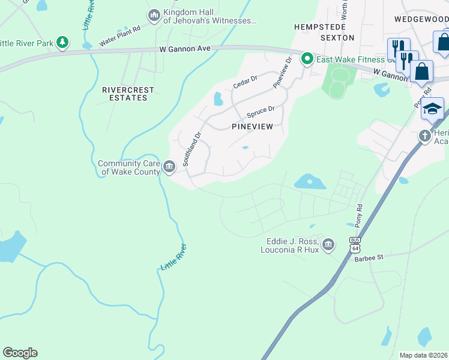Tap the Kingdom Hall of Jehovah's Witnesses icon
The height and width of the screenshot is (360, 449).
[x=154, y=15]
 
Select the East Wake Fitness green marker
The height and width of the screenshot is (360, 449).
[x=307, y=59]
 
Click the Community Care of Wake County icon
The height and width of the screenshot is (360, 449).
[x=169, y=166]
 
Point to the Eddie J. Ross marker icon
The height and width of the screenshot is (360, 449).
[x=328, y=244]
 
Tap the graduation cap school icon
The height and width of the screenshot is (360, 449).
[x=432, y=109]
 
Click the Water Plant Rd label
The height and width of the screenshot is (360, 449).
[x=119, y=36]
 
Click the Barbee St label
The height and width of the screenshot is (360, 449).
[x=368, y=257]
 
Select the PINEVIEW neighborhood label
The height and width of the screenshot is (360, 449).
[x=252, y=127]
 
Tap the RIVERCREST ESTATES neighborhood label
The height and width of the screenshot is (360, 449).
[x=128, y=94]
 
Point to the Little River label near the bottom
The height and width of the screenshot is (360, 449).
[x=173, y=257]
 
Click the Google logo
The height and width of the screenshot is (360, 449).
[x=20, y=353]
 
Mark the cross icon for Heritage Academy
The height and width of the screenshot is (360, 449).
[x=425, y=136]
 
